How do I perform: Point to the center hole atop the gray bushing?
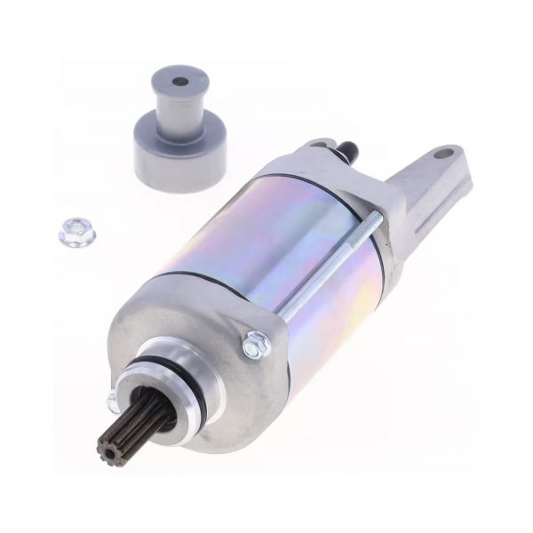(x=180, y=82)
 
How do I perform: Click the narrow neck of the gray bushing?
(x=180, y=111)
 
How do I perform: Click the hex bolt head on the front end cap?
(x=256, y=344)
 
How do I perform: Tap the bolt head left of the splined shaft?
(x=113, y=402)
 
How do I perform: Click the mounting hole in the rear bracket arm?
(x=442, y=154)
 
